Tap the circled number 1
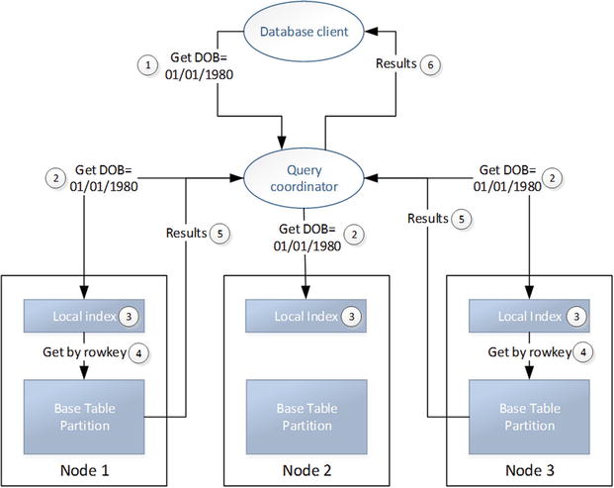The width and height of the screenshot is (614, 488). click(148, 64)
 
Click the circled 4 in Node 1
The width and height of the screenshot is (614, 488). click(138, 352)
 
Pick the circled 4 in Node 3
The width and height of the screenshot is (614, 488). click(586, 352)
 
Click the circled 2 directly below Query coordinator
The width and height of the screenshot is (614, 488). click(354, 235)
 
